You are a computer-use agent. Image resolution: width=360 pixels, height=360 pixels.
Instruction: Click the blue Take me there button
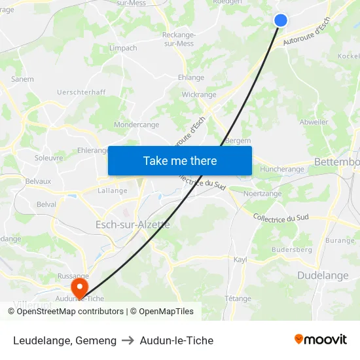[179, 160]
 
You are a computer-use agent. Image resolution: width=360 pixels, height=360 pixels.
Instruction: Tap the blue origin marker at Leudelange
[281, 20]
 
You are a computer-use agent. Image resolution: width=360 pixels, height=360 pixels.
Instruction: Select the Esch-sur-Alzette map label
[133, 225]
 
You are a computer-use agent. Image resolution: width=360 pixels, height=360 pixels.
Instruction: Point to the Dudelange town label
[323, 276]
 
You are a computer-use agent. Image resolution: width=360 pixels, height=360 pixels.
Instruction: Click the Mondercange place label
[136, 124]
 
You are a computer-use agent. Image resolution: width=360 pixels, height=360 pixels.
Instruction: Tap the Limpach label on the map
[123, 48]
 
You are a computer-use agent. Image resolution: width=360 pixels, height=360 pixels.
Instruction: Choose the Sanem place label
[22, 79]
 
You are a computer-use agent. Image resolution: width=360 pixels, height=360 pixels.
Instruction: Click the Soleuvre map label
[48, 158]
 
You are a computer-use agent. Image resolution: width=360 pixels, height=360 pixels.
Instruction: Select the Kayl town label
[240, 259]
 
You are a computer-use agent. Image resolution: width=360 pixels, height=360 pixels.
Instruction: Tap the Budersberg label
[291, 249]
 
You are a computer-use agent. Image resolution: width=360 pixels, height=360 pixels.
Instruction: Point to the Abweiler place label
[314, 122]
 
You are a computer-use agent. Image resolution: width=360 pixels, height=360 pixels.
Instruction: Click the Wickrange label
[199, 94]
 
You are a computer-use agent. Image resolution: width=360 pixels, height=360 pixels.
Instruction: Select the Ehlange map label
[191, 77]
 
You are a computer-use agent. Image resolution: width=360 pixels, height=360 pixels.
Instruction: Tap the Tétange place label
[238, 298]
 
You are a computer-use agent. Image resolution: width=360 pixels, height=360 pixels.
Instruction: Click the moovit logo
[320, 339]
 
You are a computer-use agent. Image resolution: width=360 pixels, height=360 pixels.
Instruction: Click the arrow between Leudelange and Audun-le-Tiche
[128, 340]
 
